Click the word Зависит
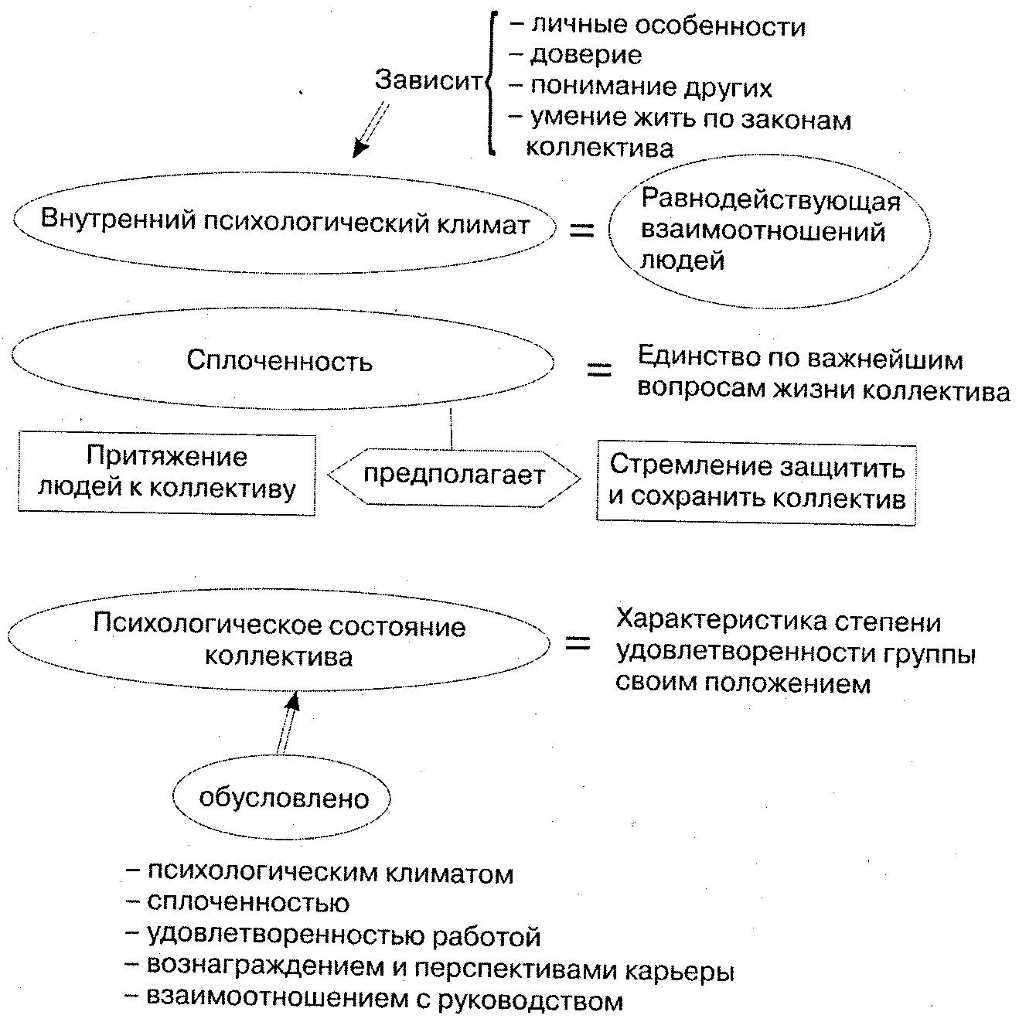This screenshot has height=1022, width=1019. click(428, 80)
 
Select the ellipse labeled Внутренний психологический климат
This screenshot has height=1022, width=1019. click(285, 223)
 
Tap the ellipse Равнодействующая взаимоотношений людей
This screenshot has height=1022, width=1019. click(769, 231)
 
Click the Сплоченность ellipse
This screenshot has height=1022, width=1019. click(282, 361)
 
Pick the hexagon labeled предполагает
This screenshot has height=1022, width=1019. click(454, 475)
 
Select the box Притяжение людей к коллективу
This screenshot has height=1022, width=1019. click(166, 473)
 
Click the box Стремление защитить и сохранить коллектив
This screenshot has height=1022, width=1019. click(756, 482)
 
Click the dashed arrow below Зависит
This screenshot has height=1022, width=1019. click(370, 130)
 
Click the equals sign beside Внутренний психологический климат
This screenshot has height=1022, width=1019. click(581, 230)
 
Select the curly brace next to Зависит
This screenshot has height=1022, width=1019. click(490, 83)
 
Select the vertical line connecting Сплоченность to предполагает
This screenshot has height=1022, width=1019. click(452, 428)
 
